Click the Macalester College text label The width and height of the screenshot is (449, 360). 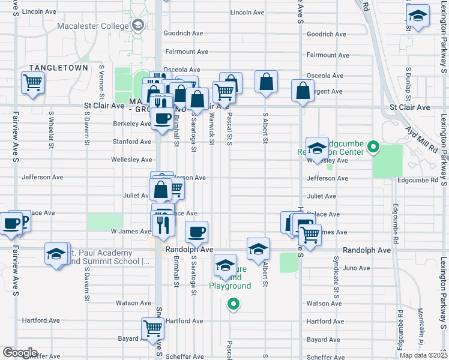pyautogui.click(x=93, y=26)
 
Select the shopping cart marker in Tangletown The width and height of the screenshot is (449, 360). pyautogui.click(x=32, y=83)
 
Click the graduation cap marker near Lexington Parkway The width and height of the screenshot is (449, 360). pyautogui.click(x=417, y=17)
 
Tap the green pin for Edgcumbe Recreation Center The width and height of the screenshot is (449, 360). pyautogui.click(x=373, y=146)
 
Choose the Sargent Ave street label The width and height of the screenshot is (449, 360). pyautogui.click(x=327, y=92)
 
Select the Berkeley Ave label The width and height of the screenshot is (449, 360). pyautogui.click(x=132, y=124)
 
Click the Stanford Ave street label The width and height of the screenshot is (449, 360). pyautogui.click(x=132, y=142)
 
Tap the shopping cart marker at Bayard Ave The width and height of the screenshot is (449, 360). pyautogui.click(x=153, y=328)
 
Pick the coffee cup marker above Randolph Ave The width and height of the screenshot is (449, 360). pyautogui.click(x=196, y=232)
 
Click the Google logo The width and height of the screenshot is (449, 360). pyautogui.click(x=20, y=353)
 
